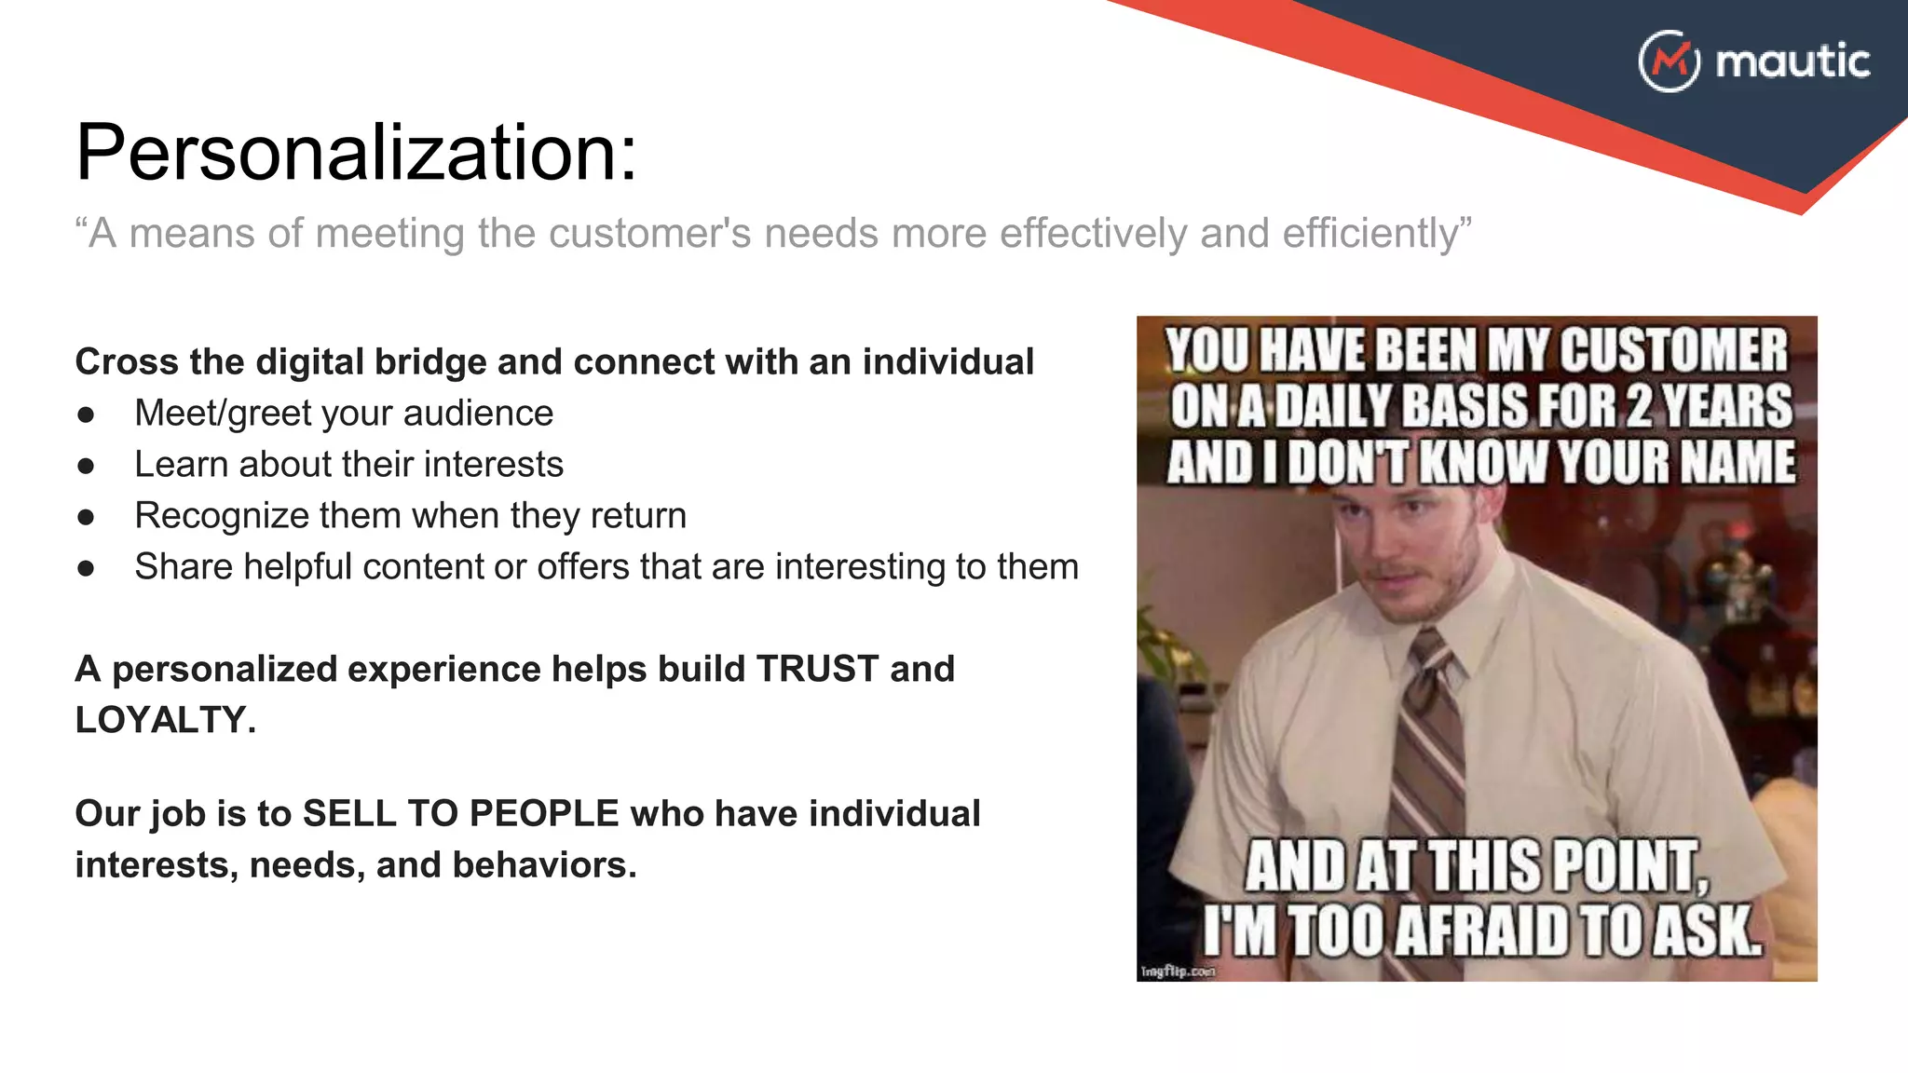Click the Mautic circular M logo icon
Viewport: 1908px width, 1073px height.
point(1669,61)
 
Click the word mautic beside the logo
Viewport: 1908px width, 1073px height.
point(1792,61)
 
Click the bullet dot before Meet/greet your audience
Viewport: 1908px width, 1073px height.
point(87,414)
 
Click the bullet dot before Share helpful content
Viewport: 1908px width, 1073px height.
point(87,567)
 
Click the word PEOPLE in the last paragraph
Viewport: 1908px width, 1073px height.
point(544,813)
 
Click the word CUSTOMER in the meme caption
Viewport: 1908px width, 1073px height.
point(1673,350)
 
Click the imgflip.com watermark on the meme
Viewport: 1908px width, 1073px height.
point(1178,971)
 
